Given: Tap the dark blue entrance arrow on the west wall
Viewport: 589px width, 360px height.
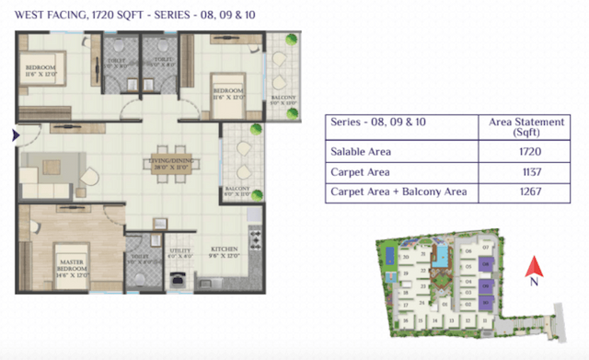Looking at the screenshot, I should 14,135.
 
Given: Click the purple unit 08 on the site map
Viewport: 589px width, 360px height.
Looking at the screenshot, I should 485,264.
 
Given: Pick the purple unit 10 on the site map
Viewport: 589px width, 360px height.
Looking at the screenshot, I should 485,298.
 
